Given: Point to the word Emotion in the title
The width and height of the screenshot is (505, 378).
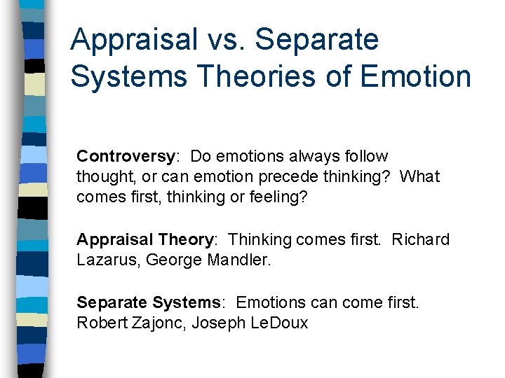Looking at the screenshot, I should click(x=415, y=76).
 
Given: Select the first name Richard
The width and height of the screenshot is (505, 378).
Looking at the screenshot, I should click(x=420, y=239).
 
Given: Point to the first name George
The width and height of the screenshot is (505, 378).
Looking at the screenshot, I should click(x=169, y=260).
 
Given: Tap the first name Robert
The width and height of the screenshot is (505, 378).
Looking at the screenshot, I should click(x=100, y=323).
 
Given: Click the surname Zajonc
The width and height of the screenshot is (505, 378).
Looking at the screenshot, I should click(x=154, y=323).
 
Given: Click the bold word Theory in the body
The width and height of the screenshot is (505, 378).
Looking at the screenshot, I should click(x=186, y=239).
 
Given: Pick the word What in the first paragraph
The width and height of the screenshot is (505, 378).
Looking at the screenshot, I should click(x=419, y=176).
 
